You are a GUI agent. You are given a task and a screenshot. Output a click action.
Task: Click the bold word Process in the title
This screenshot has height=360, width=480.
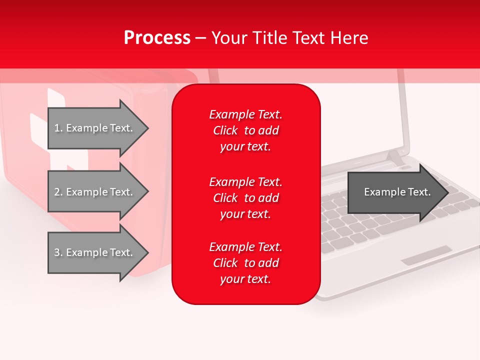coord(157,38)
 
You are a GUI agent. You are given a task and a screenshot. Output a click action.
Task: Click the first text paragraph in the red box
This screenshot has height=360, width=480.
coord(245,130)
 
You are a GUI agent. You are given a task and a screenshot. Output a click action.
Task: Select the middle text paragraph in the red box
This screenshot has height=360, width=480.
coord(245,198)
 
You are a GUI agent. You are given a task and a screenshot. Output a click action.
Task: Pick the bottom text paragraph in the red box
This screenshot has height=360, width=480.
coord(245,263)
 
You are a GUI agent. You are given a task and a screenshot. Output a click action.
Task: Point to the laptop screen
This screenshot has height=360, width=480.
coord(360,120)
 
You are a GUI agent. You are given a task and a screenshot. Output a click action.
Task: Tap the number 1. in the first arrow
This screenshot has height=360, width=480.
coord(58,128)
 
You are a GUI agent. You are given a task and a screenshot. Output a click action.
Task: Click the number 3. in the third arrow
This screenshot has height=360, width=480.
coord(58,252)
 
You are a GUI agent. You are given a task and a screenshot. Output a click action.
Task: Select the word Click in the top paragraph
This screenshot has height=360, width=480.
coord(225,130)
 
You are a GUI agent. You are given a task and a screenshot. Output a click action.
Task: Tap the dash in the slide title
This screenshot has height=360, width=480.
coord(200,38)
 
